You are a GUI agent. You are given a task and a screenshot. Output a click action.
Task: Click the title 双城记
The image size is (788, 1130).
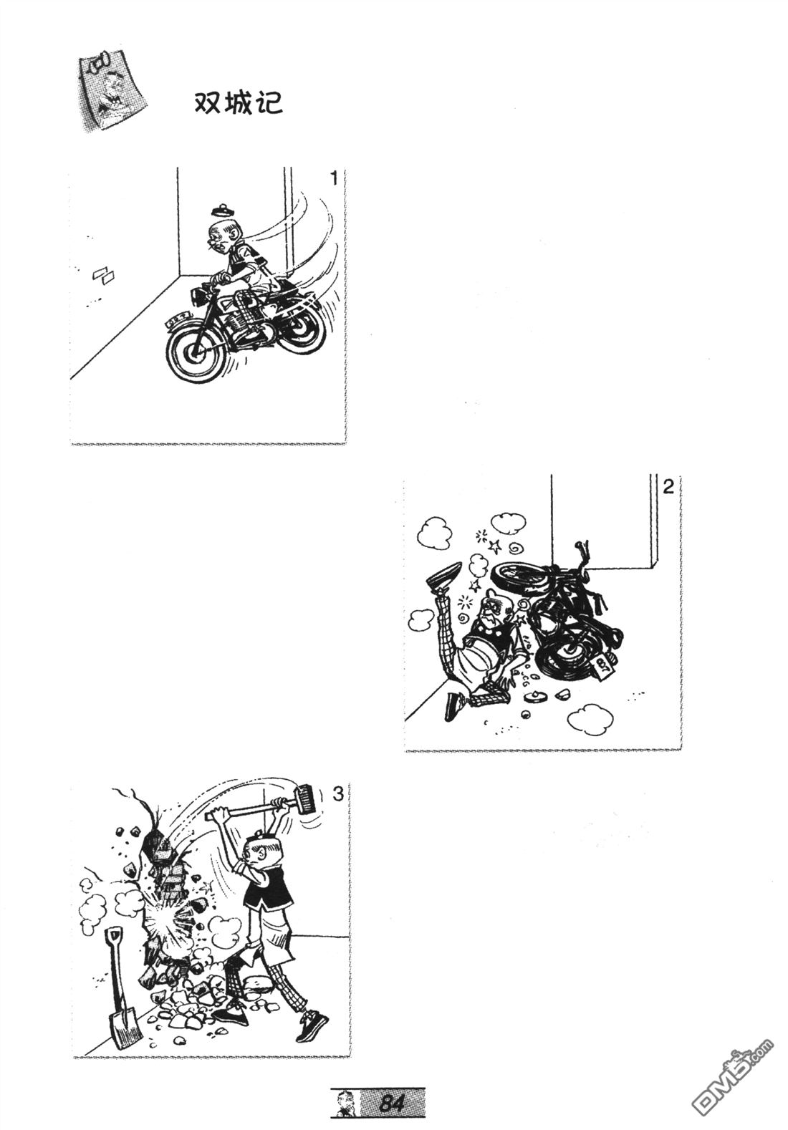(239, 103)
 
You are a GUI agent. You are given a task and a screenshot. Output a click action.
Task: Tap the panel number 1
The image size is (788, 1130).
(333, 178)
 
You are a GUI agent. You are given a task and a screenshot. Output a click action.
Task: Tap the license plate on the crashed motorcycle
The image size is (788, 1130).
(603, 668)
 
